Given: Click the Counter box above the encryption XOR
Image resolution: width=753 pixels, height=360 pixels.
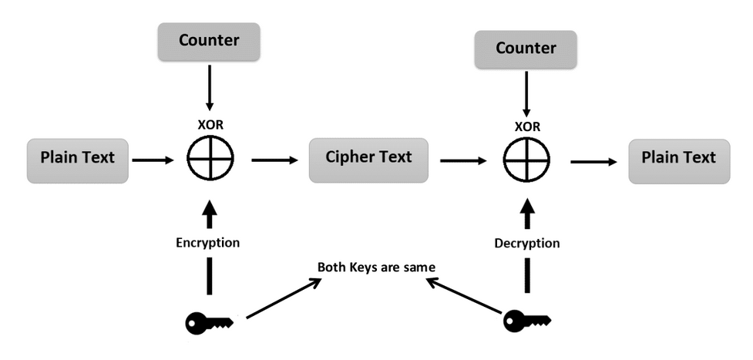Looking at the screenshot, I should [x=209, y=42].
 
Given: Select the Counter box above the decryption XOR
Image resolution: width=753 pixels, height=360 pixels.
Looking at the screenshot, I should [x=526, y=49].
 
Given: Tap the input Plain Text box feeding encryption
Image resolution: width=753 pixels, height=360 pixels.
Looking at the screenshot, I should [x=77, y=158].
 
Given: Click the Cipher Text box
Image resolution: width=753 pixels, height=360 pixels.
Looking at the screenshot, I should [x=368, y=158].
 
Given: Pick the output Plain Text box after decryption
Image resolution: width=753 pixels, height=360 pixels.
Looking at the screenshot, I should [x=678, y=158].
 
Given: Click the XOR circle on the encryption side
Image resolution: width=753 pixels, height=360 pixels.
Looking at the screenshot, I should [x=210, y=160].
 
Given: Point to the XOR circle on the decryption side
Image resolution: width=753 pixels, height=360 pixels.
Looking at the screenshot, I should [x=526, y=160].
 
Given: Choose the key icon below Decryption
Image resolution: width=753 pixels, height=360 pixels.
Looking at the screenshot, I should [x=526, y=320].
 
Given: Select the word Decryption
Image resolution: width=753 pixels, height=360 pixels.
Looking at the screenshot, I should [x=527, y=243].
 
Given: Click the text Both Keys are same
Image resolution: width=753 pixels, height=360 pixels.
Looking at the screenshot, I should [x=377, y=267].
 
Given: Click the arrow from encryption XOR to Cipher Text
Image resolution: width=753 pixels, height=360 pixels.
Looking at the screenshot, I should [x=274, y=160].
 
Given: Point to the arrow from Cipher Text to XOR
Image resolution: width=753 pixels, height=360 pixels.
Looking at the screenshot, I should [x=464, y=161].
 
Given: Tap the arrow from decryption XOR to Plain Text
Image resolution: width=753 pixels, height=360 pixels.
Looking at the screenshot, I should [x=594, y=161].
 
